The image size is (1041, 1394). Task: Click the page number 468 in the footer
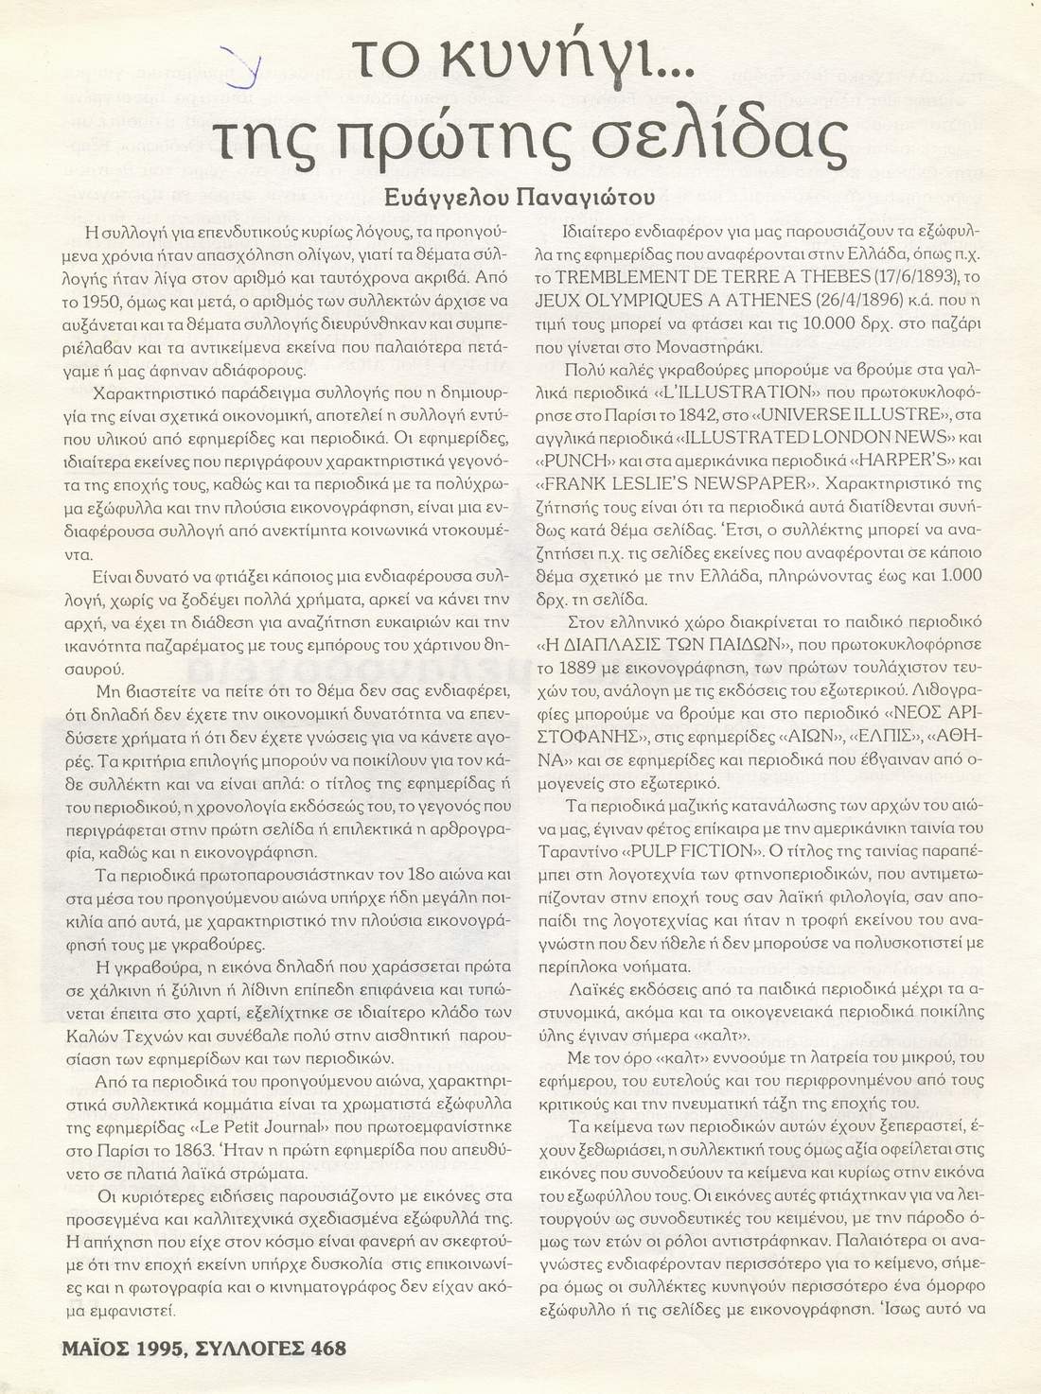(323, 1348)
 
